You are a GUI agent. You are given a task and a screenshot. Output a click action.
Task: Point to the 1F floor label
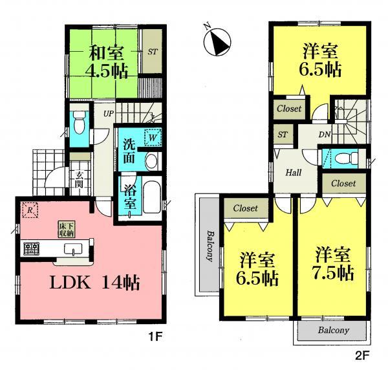pyautogui.click(x=168, y=336)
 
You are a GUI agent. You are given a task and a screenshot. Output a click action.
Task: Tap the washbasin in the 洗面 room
pyautogui.click(x=151, y=162)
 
